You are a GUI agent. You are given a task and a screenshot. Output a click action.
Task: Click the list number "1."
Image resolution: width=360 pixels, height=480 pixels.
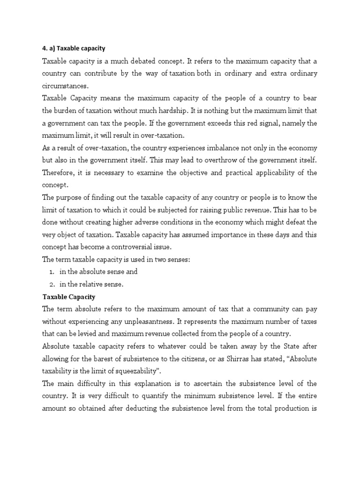pyautogui.click(x=52, y=271)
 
